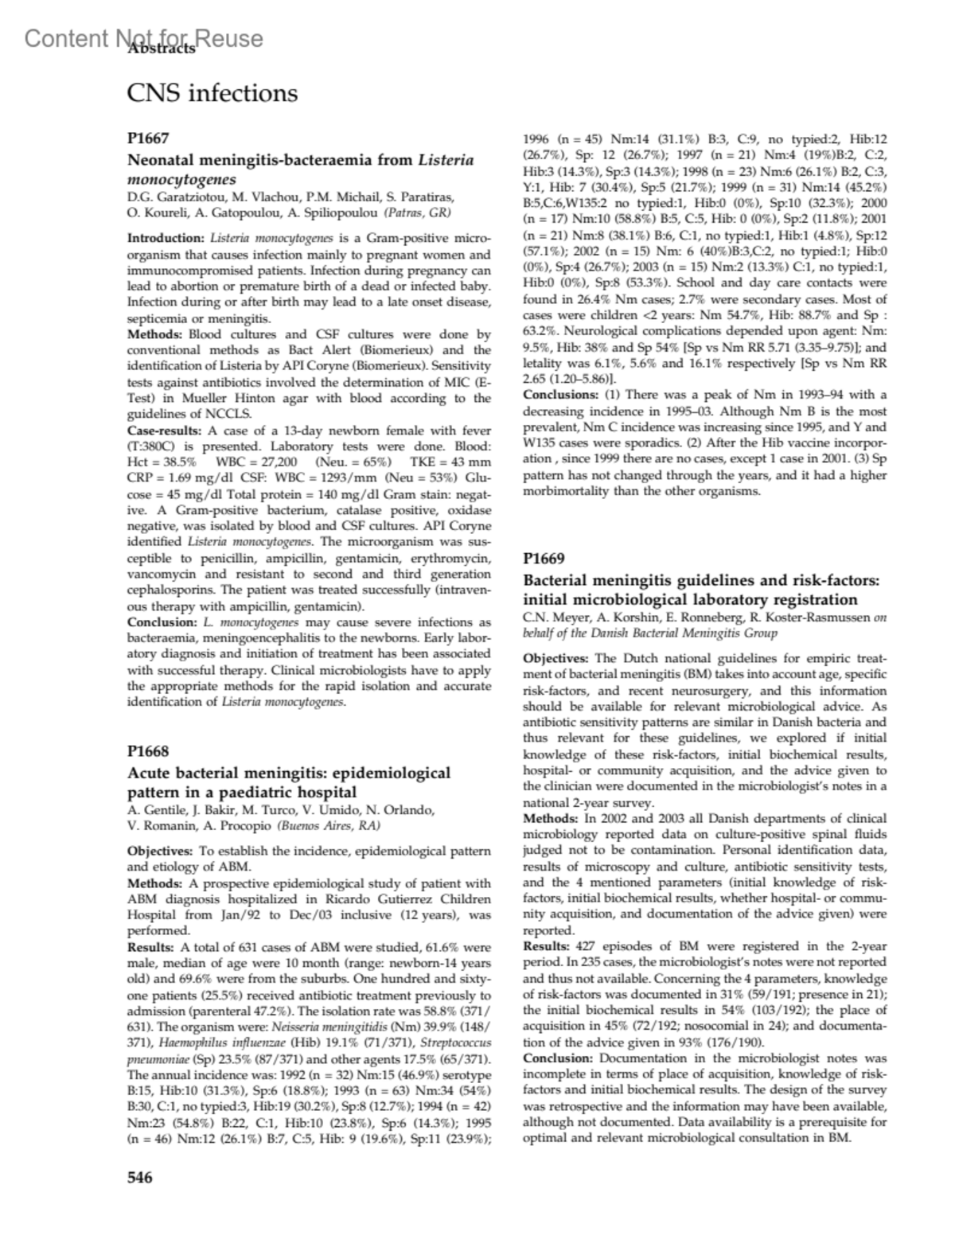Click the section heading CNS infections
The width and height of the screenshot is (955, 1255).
point(212,93)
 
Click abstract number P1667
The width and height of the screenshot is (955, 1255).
point(148,138)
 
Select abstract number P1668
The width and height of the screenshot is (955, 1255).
point(148,750)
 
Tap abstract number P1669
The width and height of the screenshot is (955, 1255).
point(544,558)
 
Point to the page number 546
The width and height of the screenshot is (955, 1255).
point(140,1177)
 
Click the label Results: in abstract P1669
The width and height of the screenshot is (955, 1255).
point(547,946)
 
